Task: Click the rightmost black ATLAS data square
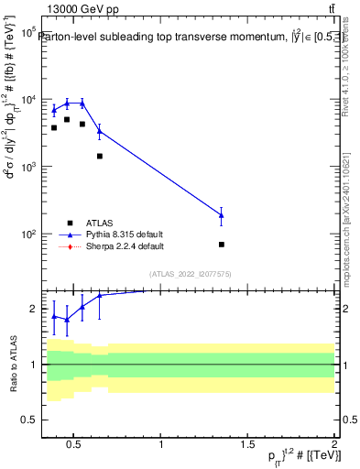click(222, 245)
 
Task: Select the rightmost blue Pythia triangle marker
click(222, 215)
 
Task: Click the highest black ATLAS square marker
click(67, 119)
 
